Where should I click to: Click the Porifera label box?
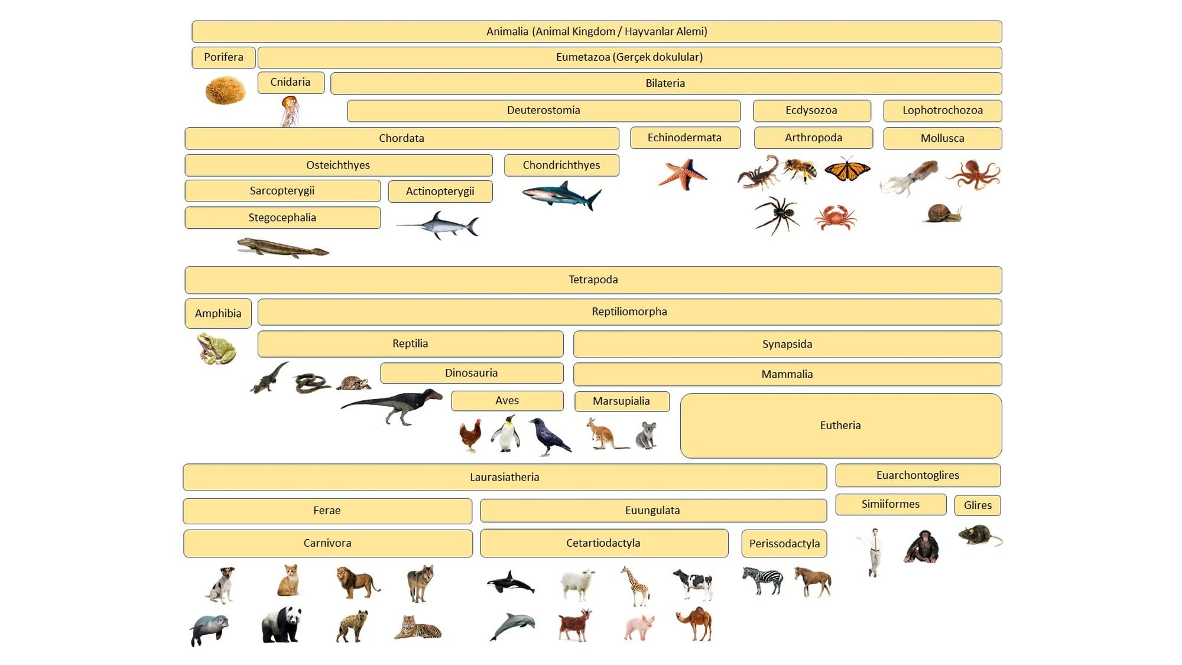pyautogui.click(x=223, y=57)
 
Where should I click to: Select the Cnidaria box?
pyautogui.click(x=291, y=82)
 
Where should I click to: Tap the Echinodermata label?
pyautogui.click(x=685, y=138)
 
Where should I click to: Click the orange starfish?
pyautogui.click(x=683, y=174)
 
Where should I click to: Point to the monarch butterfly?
pyautogui.click(x=847, y=170)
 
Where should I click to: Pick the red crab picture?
pyautogui.click(x=835, y=217)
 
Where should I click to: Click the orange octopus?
pyautogui.click(x=973, y=174)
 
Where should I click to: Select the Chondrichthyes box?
pyautogui.click(x=561, y=166)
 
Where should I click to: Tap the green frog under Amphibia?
pyautogui.click(x=217, y=348)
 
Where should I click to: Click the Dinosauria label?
pyautogui.click(x=472, y=373)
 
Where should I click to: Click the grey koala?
pyautogui.click(x=646, y=436)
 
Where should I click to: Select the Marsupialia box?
pyautogui.click(x=622, y=401)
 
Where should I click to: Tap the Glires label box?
pyautogui.click(x=978, y=505)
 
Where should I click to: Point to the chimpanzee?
pyautogui.click(x=921, y=547)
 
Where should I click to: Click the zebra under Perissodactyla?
pyautogui.click(x=762, y=580)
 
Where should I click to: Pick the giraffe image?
pyautogui.click(x=636, y=586)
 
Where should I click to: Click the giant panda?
pyautogui.click(x=281, y=624)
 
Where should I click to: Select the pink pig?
pyautogui.click(x=639, y=627)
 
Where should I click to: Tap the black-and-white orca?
pyautogui.click(x=511, y=582)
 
